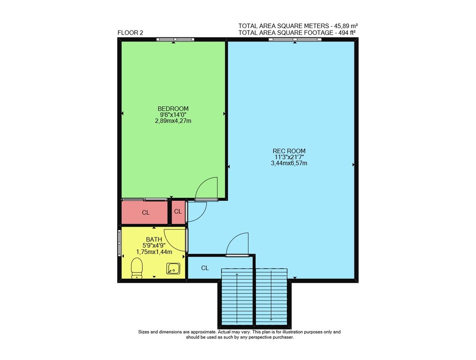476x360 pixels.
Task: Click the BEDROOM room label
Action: click(x=173, y=109)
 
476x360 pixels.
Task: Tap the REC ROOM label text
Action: click(x=289, y=150)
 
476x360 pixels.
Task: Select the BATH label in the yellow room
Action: click(x=154, y=240)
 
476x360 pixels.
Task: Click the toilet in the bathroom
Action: click(x=137, y=268)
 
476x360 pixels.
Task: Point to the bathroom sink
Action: click(x=173, y=269)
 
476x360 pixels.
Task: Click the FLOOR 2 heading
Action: click(x=130, y=33)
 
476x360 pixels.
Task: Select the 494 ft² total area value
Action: click(x=347, y=33)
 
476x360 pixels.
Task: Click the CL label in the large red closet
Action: click(x=146, y=213)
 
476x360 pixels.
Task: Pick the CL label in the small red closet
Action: click(x=178, y=211)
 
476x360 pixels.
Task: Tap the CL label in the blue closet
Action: click(x=205, y=268)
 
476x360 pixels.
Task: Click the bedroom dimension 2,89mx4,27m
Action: click(x=173, y=120)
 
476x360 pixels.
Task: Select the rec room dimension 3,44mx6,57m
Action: click(x=289, y=163)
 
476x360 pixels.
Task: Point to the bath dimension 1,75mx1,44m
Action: click(x=154, y=251)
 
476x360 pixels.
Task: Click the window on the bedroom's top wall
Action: click(x=175, y=39)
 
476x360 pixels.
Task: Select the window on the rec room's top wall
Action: click(x=295, y=39)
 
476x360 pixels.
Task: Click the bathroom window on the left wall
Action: click(x=119, y=243)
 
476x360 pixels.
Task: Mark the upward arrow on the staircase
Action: click(x=237, y=298)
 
